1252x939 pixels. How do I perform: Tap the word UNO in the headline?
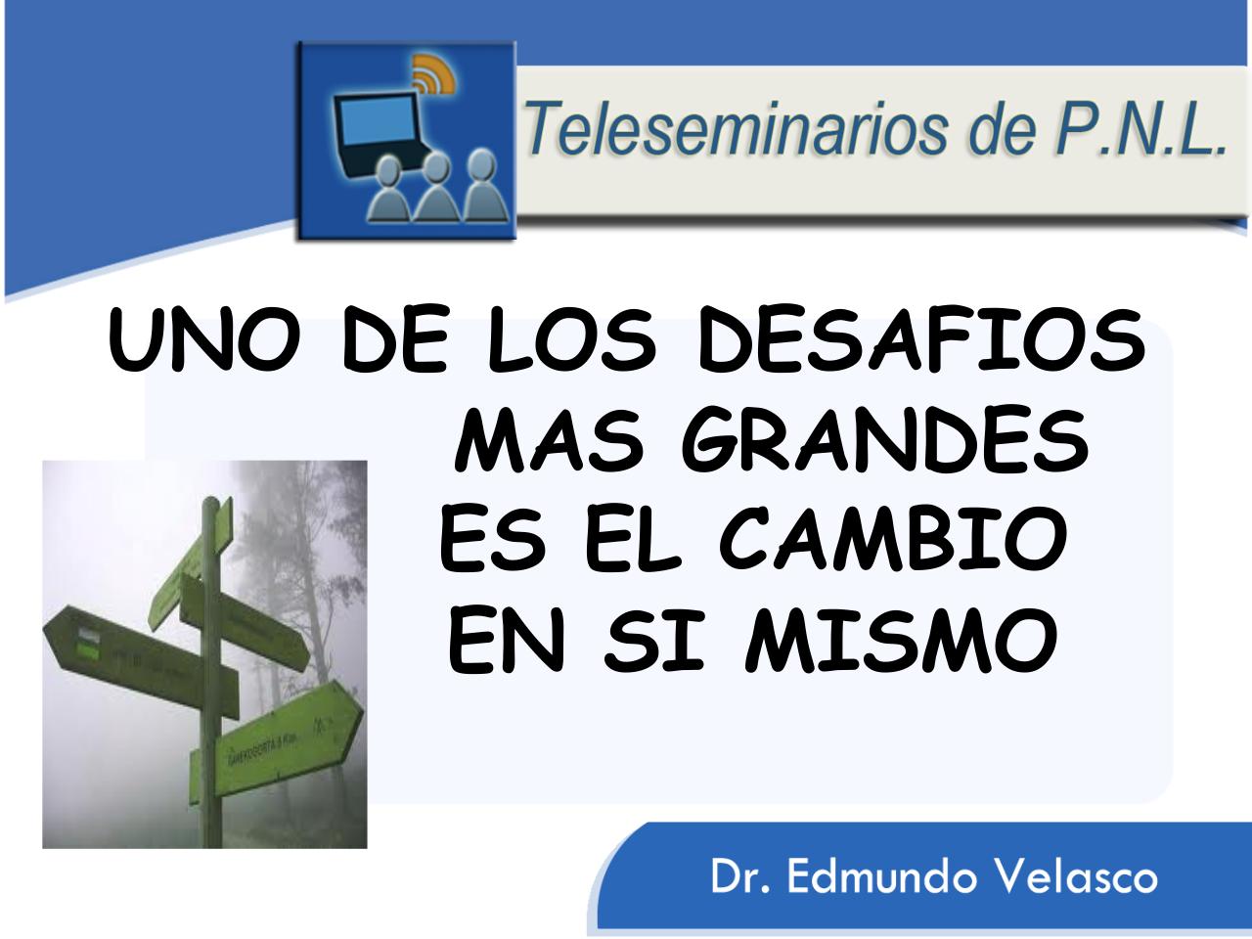(x=199, y=342)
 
